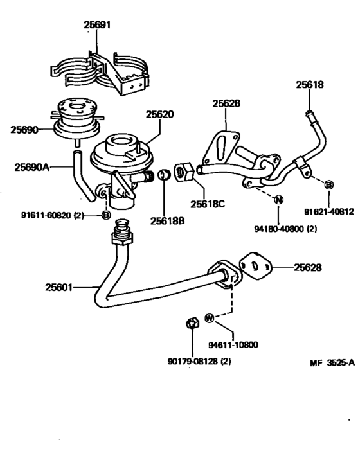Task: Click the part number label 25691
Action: (97, 26)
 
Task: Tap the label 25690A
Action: (32, 167)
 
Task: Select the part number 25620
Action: (159, 114)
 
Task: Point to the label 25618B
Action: (167, 220)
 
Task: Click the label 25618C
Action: (206, 205)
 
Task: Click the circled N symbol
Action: (278, 199)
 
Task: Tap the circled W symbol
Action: (210, 317)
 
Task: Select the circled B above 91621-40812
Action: (328, 185)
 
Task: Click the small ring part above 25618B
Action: (163, 174)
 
